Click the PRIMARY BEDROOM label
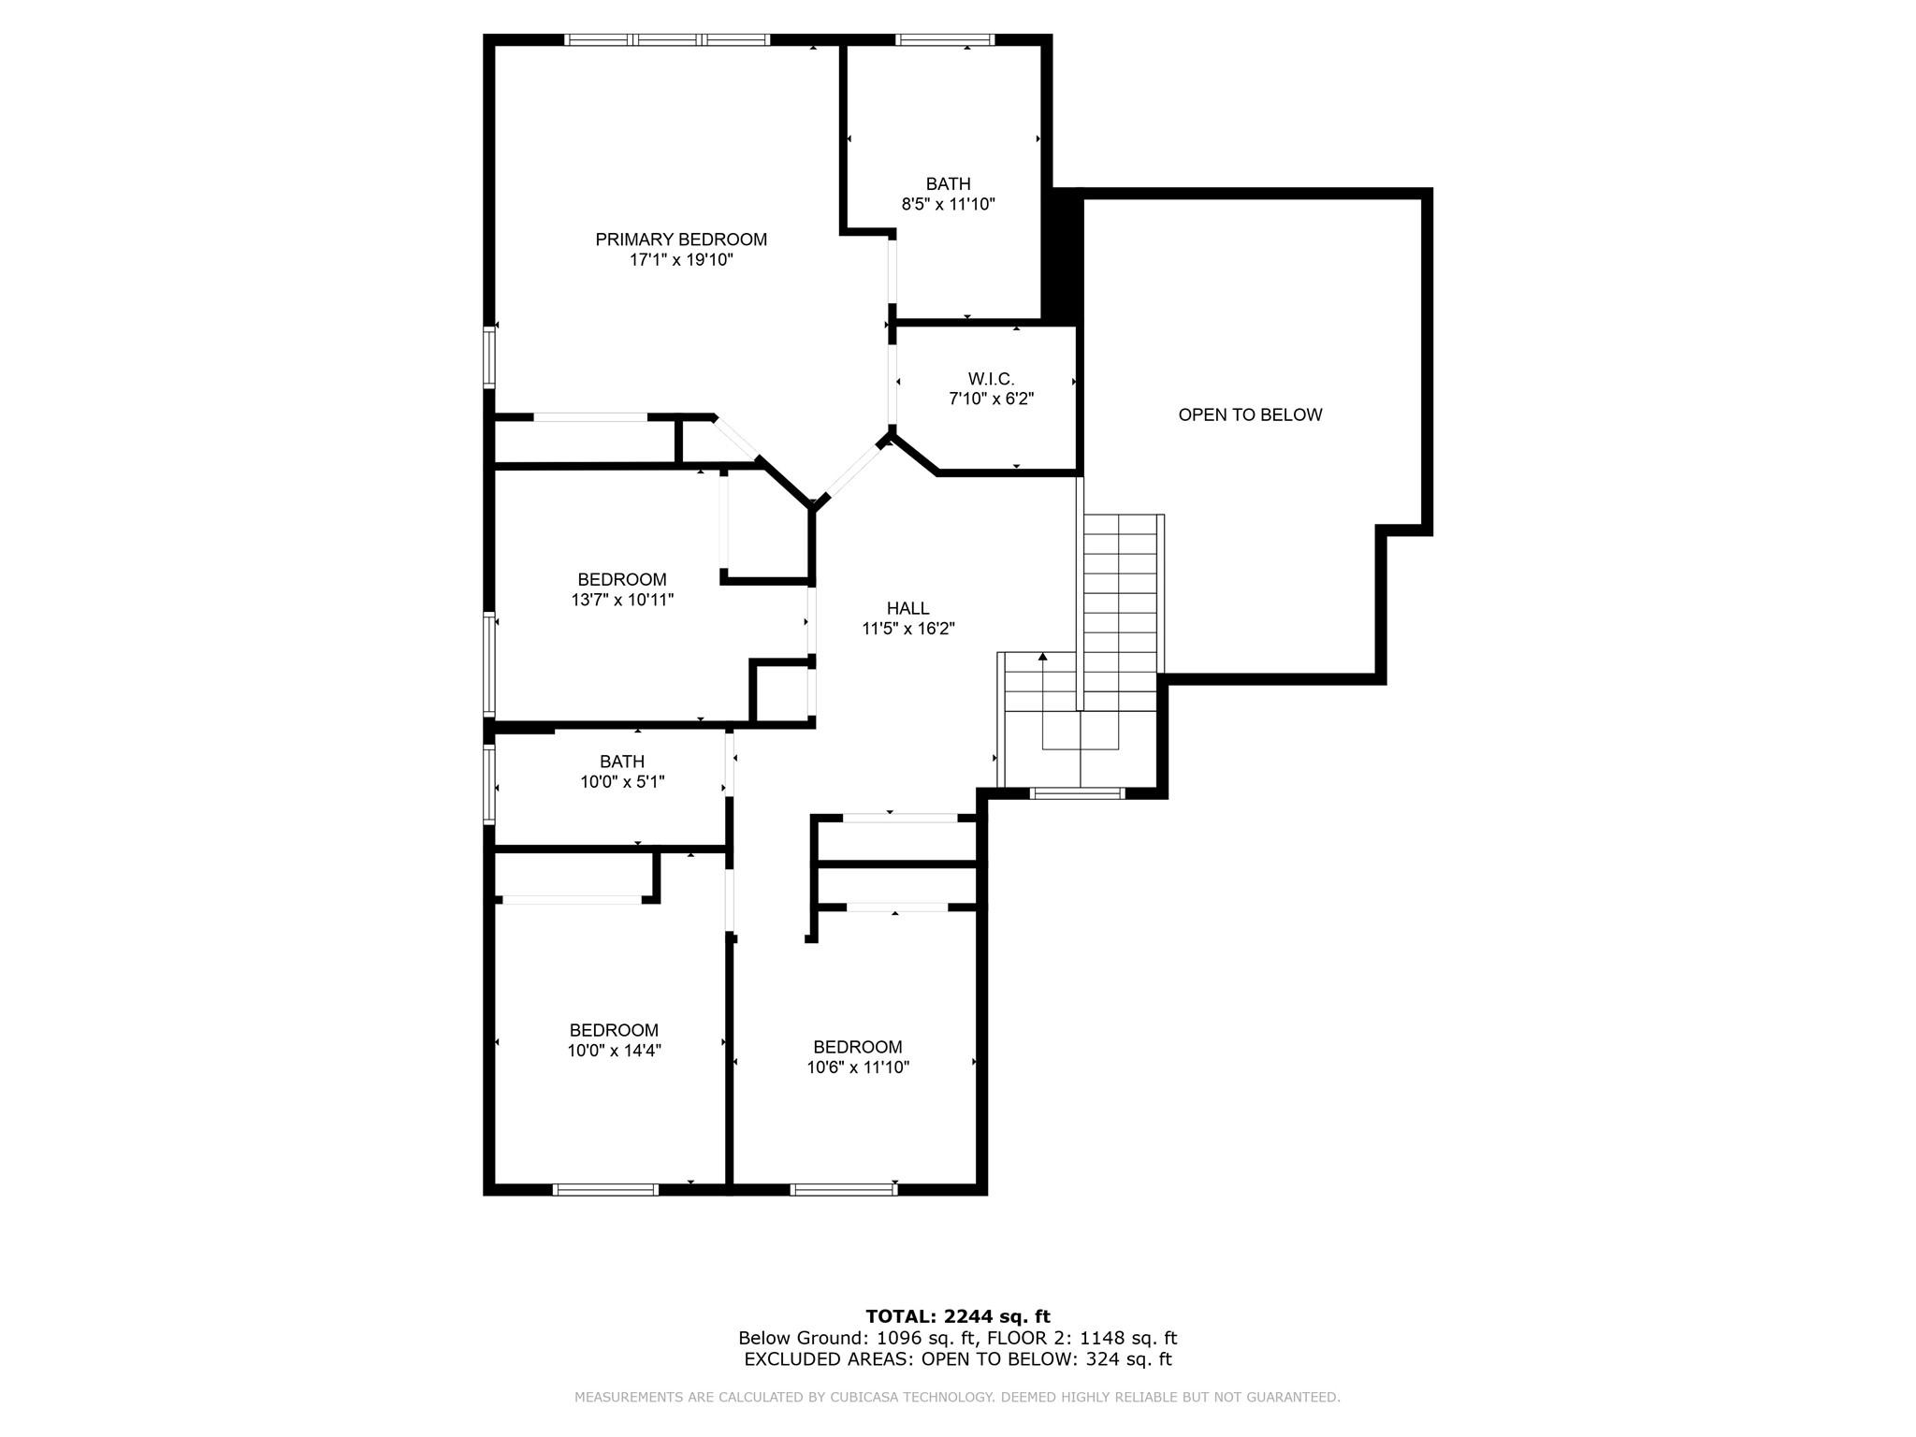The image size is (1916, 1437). click(x=681, y=239)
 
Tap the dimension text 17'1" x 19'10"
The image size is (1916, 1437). click(x=681, y=260)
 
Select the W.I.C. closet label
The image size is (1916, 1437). click(x=991, y=379)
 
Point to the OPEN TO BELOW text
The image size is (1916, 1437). click(x=1250, y=414)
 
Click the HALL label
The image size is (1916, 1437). click(x=907, y=608)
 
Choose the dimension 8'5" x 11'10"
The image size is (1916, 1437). click(x=948, y=204)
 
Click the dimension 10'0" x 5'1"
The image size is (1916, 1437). click(x=622, y=782)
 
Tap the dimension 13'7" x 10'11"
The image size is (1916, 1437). click(x=622, y=600)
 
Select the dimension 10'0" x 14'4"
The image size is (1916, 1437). click(x=614, y=1051)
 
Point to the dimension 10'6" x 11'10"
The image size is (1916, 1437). click(x=858, y=1067)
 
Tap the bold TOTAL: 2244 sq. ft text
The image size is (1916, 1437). click(x=958, y=1317)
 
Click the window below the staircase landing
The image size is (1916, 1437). click(x=1077, y=793)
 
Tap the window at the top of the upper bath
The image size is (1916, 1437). click(x=945, y=39)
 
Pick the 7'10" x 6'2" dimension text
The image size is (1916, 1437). click(x=991, y=399)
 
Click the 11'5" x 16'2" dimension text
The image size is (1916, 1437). click(x=907, y=629)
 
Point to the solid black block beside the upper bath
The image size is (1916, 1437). click(x=1063, y=254)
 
